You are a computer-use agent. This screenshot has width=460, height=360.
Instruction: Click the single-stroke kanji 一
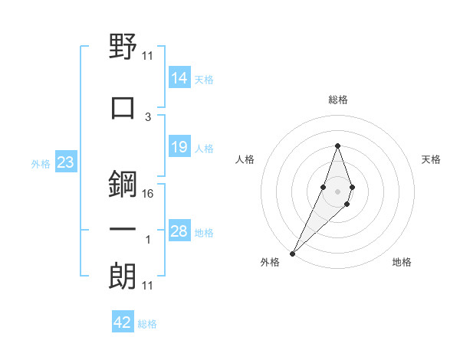[123, 230]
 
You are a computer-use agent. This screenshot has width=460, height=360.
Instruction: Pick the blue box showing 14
[179, 78]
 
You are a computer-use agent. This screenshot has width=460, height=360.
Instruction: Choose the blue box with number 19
[179, 147]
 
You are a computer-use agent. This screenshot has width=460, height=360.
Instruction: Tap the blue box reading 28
[179, 231]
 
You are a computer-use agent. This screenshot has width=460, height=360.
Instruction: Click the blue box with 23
[65, 162]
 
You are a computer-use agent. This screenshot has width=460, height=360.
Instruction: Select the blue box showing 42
[123, 322]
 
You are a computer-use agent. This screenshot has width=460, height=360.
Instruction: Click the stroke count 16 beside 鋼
[148, 194]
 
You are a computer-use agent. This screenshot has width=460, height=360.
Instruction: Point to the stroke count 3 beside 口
[148, 116]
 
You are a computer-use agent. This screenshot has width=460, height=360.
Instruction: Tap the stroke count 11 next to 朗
[148, 286]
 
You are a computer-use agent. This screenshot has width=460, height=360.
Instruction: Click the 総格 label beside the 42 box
[147, 324]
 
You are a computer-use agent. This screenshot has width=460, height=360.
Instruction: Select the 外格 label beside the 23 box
[41, 163]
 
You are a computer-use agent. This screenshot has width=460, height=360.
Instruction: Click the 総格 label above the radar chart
[337, 100]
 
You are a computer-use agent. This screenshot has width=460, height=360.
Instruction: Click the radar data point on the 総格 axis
[337, 146]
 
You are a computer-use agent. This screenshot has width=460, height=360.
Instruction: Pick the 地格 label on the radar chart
[402, 262]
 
